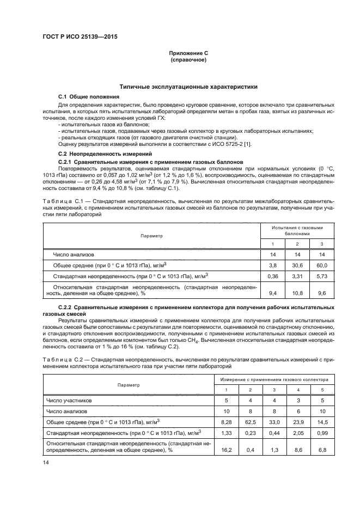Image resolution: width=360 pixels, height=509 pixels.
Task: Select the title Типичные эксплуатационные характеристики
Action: click(188, 87)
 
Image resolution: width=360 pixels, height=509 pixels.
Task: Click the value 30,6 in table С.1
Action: click(297, 265)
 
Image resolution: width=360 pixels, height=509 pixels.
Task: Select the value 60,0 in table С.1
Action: click(321, 265)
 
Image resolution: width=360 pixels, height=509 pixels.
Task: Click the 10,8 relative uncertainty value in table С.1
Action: click(297, 293)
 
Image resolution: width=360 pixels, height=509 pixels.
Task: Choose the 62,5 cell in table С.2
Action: click(250, 422)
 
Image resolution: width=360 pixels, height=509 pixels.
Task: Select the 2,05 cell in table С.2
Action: click(297, 433)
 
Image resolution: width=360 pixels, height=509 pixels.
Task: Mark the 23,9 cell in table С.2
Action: click(297, 422)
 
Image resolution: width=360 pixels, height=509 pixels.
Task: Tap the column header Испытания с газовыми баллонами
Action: click(297, 230)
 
